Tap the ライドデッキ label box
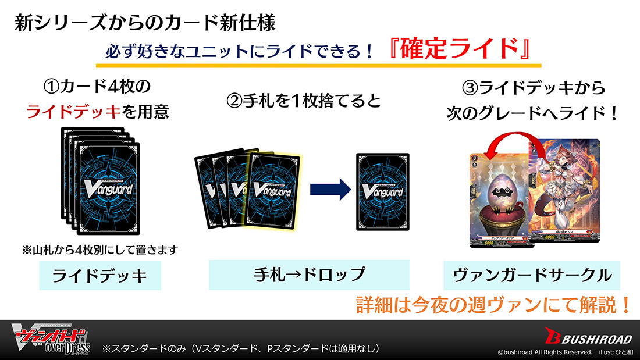pos(99,275)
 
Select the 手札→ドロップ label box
pos(308,274)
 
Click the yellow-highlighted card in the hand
pos(272,191)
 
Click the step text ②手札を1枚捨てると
pos(303,101)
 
